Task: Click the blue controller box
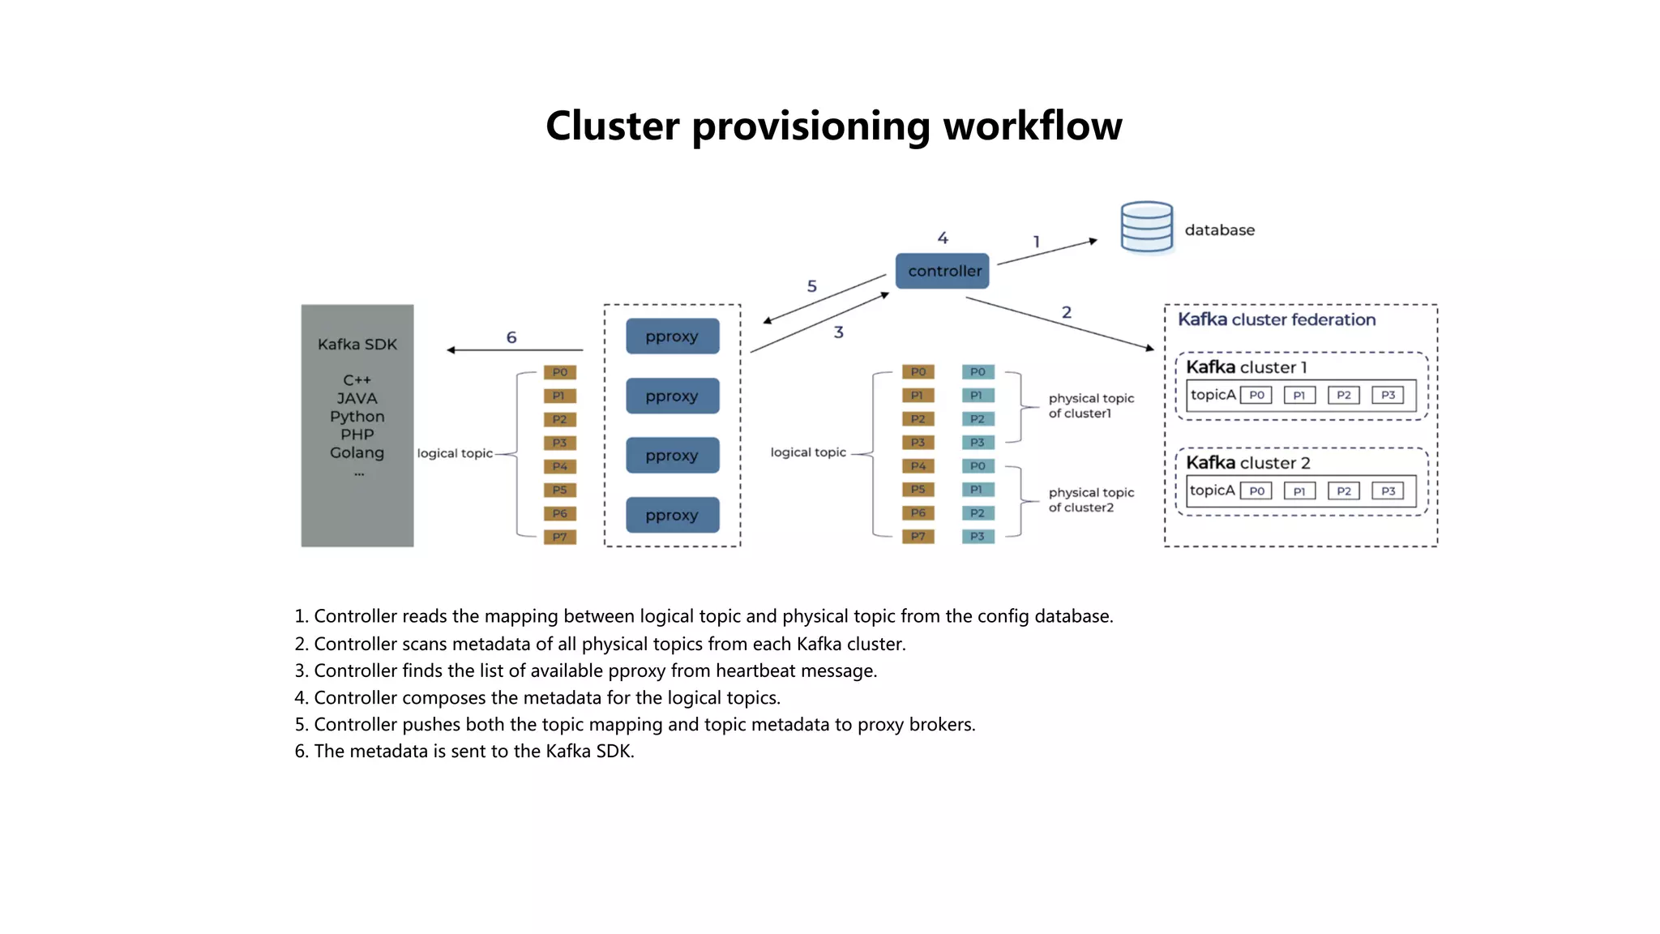tap(942, 271)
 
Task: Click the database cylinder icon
tap(1146, 228)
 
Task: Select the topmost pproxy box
tap(672, 336)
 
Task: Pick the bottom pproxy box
tap(672, 515)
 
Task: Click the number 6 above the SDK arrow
tap(511, 337)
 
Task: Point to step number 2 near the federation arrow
tap(1067, 312)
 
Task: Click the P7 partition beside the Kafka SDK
tap(559, 537)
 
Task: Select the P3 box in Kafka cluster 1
tap(1388, 395)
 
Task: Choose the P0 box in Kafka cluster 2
tap(1256, 491)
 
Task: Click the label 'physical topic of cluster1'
tap(1090, 405)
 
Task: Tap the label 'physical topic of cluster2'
tap(1090, 499)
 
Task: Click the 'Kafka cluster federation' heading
tap(1277, 319)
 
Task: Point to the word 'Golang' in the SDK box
tap(357, 452)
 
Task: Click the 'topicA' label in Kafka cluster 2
tap(1212, 491)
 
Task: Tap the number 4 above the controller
tap(943, 238)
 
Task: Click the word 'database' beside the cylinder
tap(1219, 230)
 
